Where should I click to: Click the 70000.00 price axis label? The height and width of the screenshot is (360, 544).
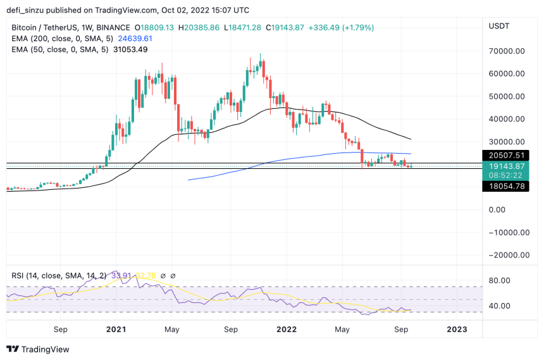coord(507,51)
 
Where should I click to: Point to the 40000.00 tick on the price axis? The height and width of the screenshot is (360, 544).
coord(507,119)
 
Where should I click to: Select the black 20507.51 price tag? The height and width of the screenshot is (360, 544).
coord(504,155)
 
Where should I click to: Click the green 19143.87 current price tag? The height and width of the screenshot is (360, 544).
coord(504,166)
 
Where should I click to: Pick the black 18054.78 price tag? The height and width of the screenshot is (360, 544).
coord(504,187)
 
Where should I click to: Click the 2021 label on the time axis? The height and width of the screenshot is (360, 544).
coord(116,330)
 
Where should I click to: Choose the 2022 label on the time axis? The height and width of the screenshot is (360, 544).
coord(287,330)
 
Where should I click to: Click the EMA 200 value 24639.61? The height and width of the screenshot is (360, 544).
coord(133,39)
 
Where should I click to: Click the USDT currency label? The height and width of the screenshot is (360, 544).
coord(500,25)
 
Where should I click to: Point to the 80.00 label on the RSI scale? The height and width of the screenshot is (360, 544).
coord(500,281)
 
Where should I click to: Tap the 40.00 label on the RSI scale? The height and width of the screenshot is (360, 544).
coord(500,306)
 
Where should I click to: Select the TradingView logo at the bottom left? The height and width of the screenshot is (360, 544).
coord(38,349)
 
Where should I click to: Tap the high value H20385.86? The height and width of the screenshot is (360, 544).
coord(199,28)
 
